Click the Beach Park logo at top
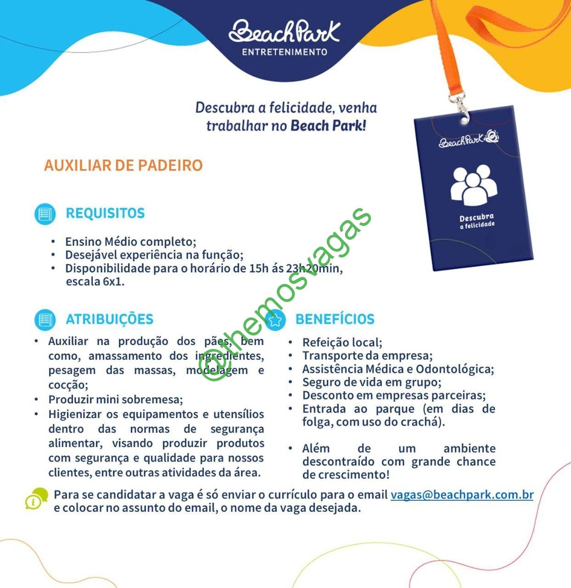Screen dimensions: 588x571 [285, 31]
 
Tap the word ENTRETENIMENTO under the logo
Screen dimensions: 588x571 [285, 52]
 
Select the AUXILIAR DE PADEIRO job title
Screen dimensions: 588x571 [123, 165]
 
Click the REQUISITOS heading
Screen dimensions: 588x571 [105, 213]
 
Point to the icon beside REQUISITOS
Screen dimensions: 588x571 [45, 214]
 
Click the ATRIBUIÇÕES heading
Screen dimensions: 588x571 [109, 319]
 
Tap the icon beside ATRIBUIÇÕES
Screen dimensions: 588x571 [45, 320]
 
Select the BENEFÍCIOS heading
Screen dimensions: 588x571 [335, 319]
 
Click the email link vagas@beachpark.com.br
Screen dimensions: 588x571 [462, 495]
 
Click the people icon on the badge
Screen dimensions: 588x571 [474, 185]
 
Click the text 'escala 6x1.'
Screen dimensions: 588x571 [95, 281]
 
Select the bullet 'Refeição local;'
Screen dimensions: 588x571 [342, 343]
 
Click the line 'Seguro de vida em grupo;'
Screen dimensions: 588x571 [371, 382]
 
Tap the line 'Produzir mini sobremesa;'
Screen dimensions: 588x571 [116, 400]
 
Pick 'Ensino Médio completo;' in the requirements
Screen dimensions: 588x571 [130, 242]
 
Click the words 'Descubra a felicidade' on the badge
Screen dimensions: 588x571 [477, 220]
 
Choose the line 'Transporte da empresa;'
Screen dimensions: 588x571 [367, 356]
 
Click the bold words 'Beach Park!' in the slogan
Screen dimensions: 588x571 [328, 125]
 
